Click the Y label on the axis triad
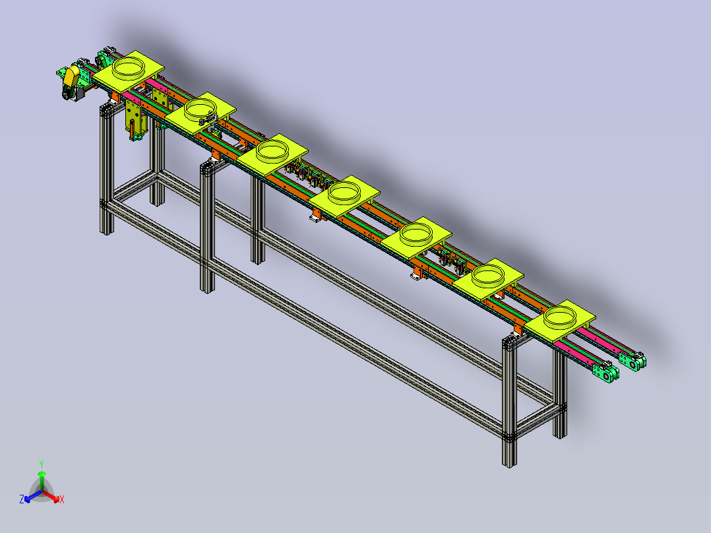[42, 464]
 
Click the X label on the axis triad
[62, 499]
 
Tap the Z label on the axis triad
[22, 499]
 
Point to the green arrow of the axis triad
[42, 480]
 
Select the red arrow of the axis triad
[51, 496]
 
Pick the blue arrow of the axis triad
[33, 496]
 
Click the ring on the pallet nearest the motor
[129, 67]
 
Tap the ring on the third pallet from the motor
[272, 150]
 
